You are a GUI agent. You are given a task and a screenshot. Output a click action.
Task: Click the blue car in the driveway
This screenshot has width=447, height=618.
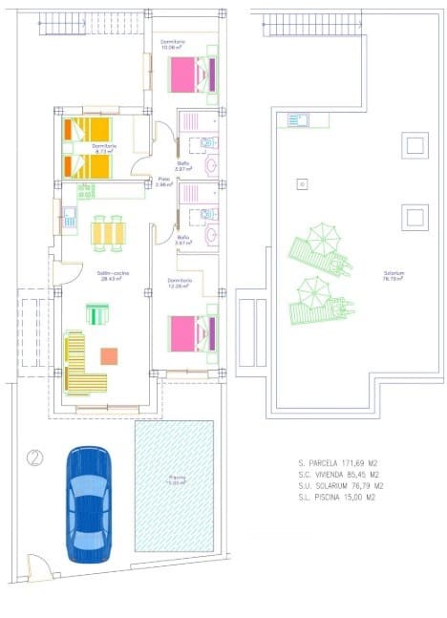tap(89, 502)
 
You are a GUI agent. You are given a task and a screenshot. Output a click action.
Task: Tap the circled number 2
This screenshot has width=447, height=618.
tap(35, 458)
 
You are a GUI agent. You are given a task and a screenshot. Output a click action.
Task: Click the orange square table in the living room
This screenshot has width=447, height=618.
tap(109, 356)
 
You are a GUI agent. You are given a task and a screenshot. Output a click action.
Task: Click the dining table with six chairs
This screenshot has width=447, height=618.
tap(108, 231)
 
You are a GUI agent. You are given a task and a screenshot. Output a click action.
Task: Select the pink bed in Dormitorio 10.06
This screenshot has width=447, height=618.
tap(193, 74)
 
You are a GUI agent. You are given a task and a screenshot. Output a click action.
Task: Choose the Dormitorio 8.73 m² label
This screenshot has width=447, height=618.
tap(105, 148)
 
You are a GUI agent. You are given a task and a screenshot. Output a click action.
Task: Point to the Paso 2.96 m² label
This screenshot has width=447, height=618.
tap(164, 181)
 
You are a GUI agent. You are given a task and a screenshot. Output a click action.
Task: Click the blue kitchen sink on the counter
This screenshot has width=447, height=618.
tap(70, 220)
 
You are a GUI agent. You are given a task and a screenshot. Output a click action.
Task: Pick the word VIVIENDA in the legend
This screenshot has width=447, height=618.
tap(339, 474)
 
